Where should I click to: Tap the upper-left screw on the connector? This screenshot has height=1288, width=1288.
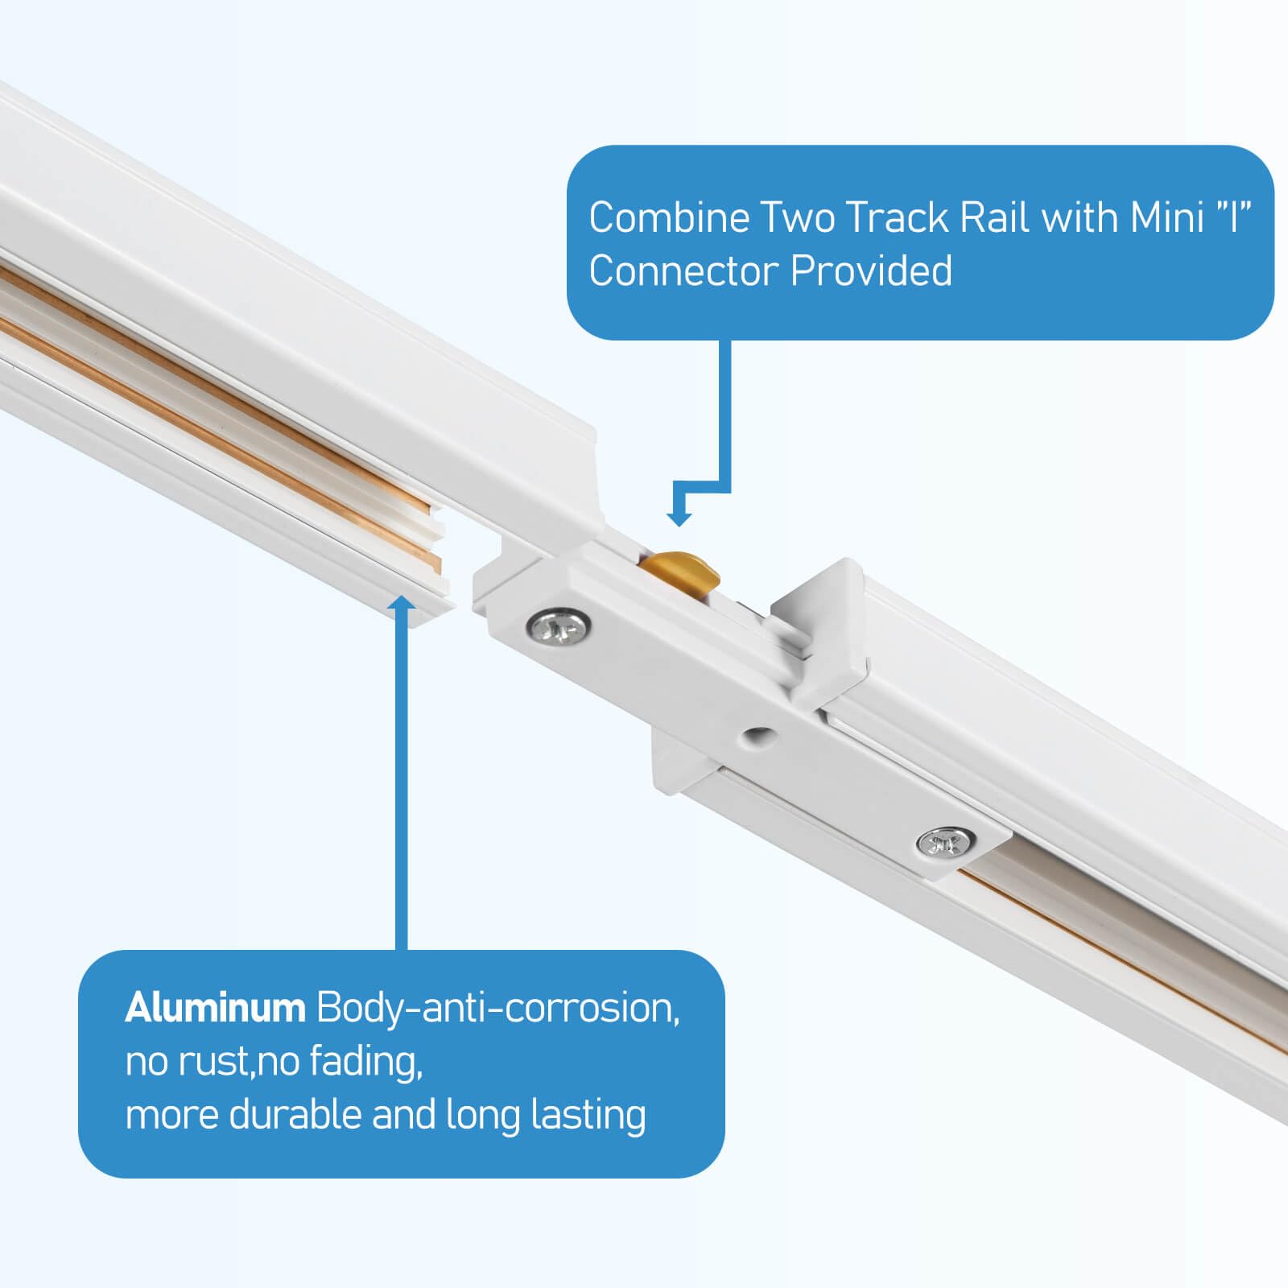coord(559,625)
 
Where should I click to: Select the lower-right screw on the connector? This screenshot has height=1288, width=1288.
coord(946,843)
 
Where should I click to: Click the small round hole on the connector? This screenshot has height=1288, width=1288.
coord(755,733)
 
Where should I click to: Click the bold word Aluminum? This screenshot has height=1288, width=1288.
coord(215,1008)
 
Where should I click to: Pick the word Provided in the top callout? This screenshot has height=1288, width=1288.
coord(871,270)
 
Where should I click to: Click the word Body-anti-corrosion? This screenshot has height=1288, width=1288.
coord(497,1008)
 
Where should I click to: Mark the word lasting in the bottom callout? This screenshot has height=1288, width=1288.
coord(588,1115)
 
